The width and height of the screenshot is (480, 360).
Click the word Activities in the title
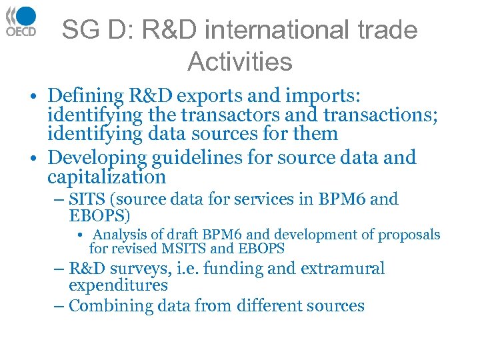(240, 62)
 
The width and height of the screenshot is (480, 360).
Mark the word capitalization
(107, 177)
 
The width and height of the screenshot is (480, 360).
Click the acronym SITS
(85, 199)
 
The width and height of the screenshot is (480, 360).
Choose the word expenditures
(118, 285)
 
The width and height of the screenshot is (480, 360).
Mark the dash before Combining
(59, 306)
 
